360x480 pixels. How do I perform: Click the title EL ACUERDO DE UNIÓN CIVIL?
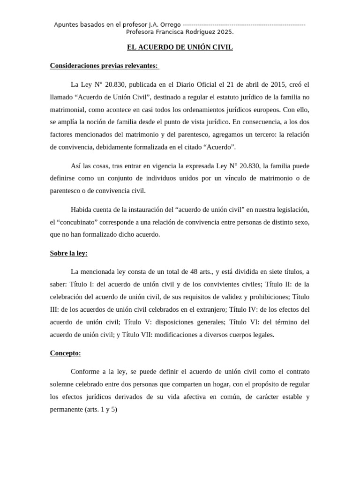pos(180,47)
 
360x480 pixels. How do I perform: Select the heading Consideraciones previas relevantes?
pos(104,66)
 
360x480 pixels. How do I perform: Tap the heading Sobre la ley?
pos(69,253)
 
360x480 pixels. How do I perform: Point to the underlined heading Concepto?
pos(66,353)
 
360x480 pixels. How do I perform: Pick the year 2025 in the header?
pos(225,32)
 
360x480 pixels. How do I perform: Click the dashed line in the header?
pos(244,24)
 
